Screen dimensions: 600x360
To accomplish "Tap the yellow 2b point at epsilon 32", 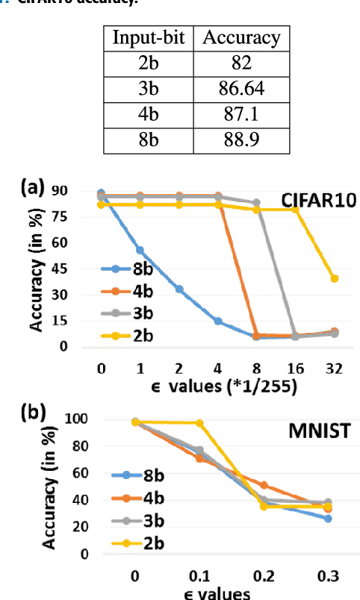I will [335, 278].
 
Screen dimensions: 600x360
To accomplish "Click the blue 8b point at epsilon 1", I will [140, 250].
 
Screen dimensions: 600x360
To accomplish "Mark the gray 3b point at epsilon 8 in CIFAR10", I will [256, 203].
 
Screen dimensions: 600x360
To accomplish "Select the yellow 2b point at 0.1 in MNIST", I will [199, 423].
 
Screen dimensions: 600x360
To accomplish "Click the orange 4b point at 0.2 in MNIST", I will [263, 485].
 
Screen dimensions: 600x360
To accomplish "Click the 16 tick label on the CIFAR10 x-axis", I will [295, 367].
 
